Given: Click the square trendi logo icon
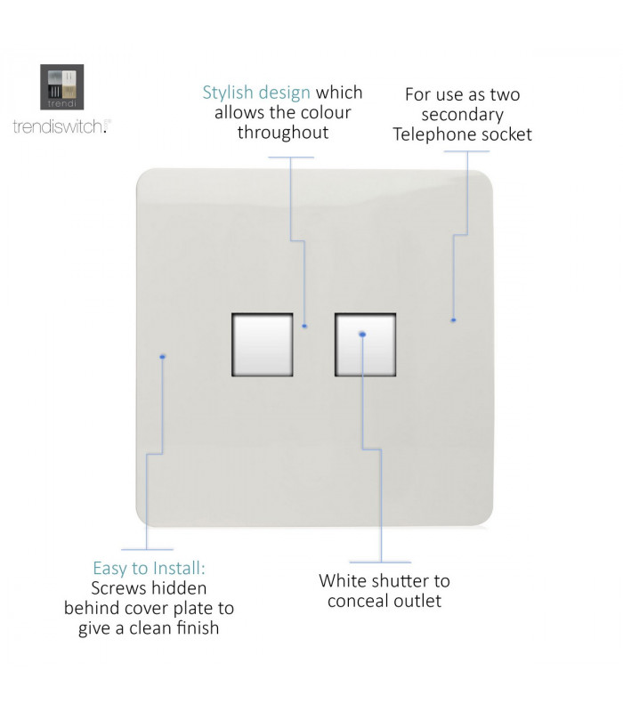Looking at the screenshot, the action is coord(61,87).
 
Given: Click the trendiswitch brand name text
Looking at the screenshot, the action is coord(60,126).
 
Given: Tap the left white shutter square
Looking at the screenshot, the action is coord(263,344).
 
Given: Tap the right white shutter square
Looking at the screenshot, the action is coord(366,344).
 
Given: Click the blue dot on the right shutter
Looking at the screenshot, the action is coord(362,335).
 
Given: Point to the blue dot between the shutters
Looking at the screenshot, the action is coord(304,326).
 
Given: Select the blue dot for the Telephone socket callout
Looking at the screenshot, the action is coord(453,320).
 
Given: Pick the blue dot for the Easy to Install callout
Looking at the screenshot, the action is coord(163,357).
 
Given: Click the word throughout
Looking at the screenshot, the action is coord(283,133).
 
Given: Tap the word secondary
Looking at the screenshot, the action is coord(462,115).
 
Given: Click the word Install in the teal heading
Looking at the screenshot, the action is coord(180,568).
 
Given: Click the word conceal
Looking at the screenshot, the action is coord(359,601).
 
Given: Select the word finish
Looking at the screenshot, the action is coord(198,628).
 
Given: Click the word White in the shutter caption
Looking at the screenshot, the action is coord(344,581).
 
